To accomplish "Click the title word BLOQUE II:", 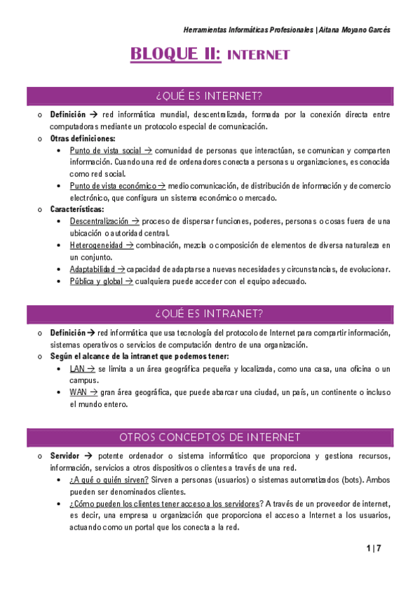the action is [x=175, y=54].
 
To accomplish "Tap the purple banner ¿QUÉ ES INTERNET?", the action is [x=210, y=95].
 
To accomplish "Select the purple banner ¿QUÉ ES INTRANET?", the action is [x=210, y=313].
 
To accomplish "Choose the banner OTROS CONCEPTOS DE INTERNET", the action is [x=210, y=437].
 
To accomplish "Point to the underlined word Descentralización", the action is [x=98, y=221].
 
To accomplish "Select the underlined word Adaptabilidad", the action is [x=93, y=269].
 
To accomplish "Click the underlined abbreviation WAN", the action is [x=77, y=392].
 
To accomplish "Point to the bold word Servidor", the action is [x=65, y=456].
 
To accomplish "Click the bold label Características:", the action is [x=76, y=209].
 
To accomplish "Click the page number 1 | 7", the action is [x=373, y=547].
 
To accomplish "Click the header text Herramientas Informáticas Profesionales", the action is [x=248, y=29].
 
